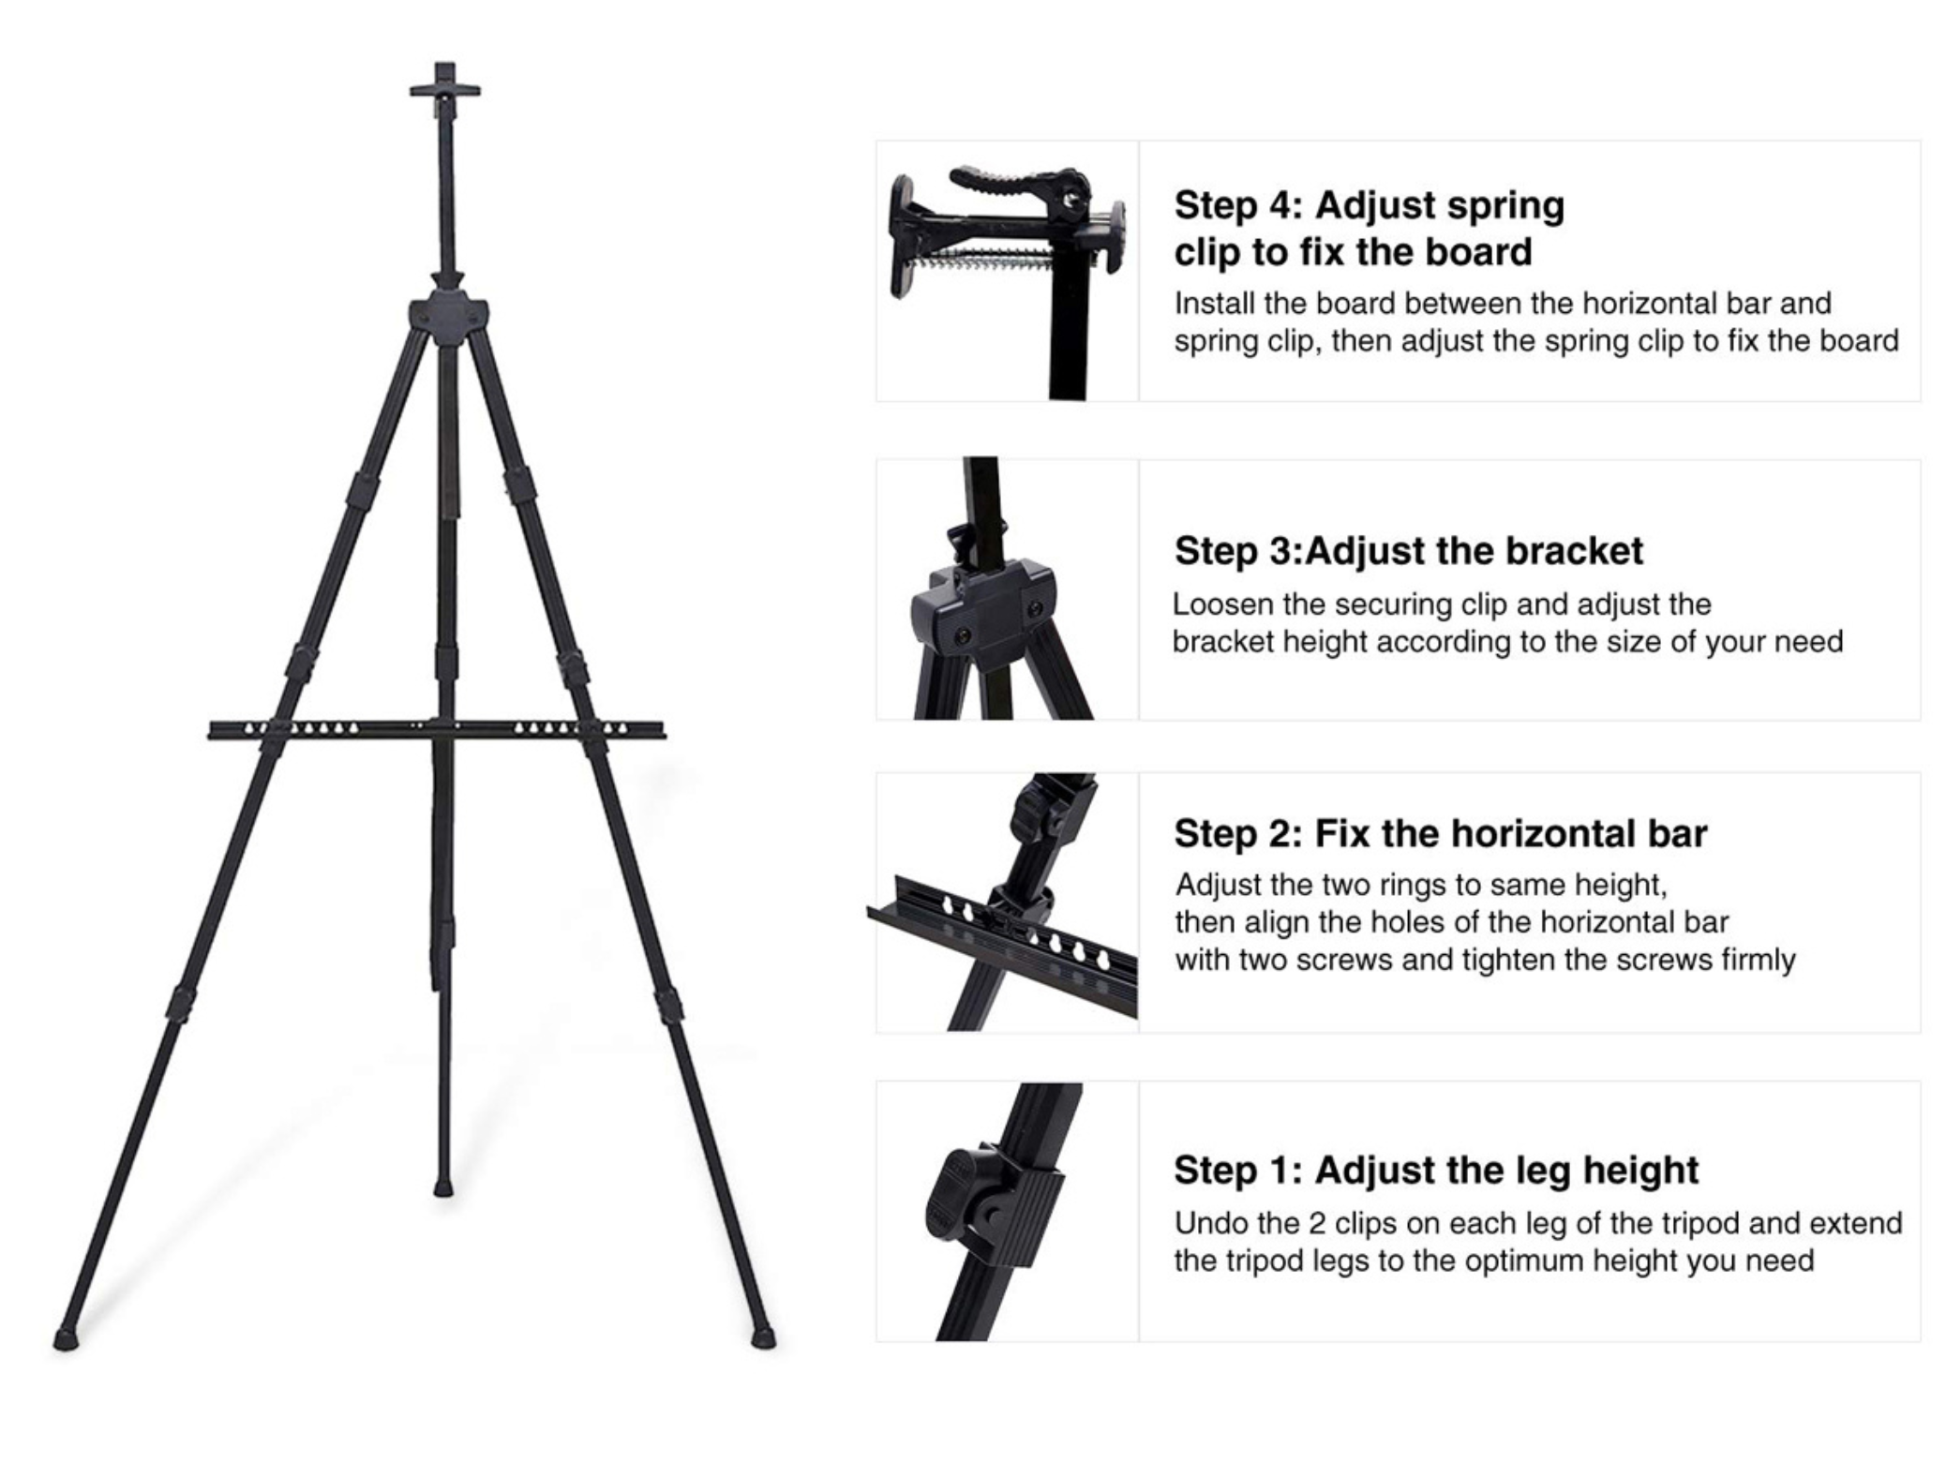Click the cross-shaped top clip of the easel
pos(444,89)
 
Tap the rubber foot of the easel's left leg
pos(65,1338)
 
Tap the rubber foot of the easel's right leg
pos(764,1336)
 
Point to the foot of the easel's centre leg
pos(443,1188)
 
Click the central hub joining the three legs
pos(448,316)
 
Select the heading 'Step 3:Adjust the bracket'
pos(1408,551)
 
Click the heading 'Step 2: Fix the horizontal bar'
pos(1440,833)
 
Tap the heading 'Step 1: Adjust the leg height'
pos(1435,1170)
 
